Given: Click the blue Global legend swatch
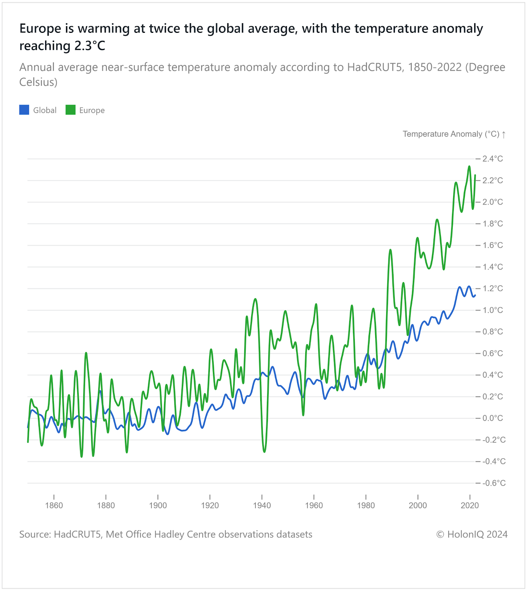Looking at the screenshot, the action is [24, 110].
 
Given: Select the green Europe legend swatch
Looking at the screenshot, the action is [71, 110].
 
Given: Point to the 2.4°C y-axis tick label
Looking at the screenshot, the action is [493, 159].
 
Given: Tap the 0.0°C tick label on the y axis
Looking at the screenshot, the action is [493, 418].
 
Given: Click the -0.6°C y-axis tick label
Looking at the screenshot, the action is [494, 483].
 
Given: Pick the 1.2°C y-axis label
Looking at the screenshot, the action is [493, 288].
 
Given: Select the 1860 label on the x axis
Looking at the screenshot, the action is [54, 505].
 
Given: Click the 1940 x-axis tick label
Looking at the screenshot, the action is [262, 505].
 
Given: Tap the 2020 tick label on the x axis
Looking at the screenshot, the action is [470, 505].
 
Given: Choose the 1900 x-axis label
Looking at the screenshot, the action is [158, 505].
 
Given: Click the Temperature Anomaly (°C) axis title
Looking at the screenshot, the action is [451, 134].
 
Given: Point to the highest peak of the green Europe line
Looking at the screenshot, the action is [469, 166].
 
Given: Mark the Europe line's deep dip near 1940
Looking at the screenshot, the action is [264, 452].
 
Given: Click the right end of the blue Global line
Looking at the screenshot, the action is [475, 295].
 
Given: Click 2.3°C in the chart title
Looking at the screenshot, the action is [90, 46].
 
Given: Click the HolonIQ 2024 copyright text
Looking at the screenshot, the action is [472, 534].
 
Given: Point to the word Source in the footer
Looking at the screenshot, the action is [35, 534].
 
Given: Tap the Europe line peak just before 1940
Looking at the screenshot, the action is [255, 299].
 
